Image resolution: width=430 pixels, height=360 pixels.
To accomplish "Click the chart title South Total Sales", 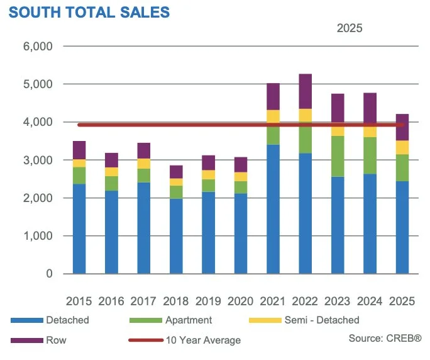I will tap(89, 12).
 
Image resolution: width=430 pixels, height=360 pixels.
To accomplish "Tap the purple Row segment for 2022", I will tap(305, 91).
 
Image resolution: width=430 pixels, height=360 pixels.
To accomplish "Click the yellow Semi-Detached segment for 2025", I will tap(402, 147).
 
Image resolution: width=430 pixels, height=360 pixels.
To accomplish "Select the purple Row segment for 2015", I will tap(79, 150).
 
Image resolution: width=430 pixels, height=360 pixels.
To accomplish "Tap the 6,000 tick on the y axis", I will tap(40, 47).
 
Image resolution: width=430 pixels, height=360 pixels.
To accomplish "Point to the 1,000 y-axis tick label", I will tap(40, 236).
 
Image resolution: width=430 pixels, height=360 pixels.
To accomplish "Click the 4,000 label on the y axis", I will tap(40, 122).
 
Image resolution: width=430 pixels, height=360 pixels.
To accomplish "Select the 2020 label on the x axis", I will tap(240, 301).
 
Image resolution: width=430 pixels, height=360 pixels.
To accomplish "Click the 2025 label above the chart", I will tap(350, 28).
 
